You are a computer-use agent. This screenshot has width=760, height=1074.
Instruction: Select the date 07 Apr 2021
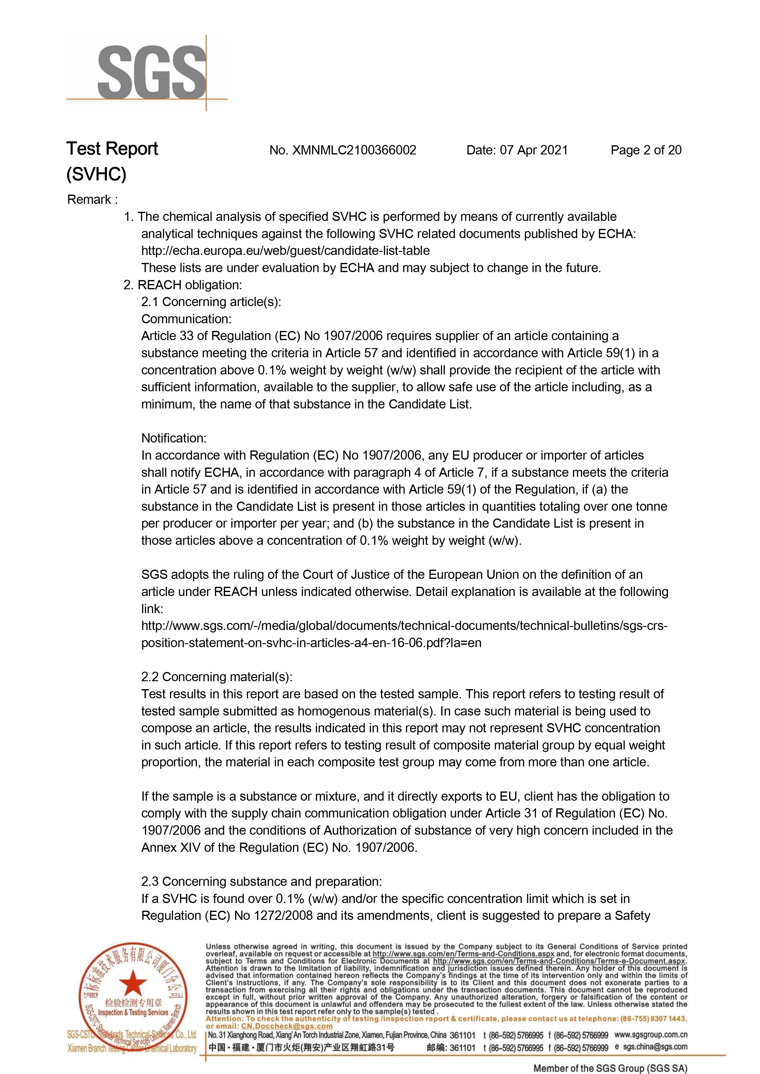tap(534, 150)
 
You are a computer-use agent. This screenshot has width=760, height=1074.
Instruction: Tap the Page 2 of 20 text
tap(646, 150)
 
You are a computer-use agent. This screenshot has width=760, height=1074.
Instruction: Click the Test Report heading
tap(112, 149)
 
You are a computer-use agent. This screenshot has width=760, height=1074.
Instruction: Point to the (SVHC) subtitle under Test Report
tap(97, 175)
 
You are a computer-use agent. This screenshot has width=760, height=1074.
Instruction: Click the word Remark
tap(89, 200)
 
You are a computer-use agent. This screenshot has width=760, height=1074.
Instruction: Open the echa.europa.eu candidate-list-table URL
tap(286, 251)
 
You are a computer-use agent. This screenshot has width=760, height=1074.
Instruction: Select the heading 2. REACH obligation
tap(183, 285)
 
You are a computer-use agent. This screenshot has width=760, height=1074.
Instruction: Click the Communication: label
tap(186, 319)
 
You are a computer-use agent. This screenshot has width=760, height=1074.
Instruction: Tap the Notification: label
tap(174, 438)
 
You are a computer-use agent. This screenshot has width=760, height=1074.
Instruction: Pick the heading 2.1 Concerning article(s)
tap(211, 302)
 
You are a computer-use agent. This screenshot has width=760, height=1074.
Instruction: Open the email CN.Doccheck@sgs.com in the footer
tap(287, 1026)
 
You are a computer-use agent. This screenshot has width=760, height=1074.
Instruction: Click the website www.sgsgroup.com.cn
tap(651, 1035)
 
